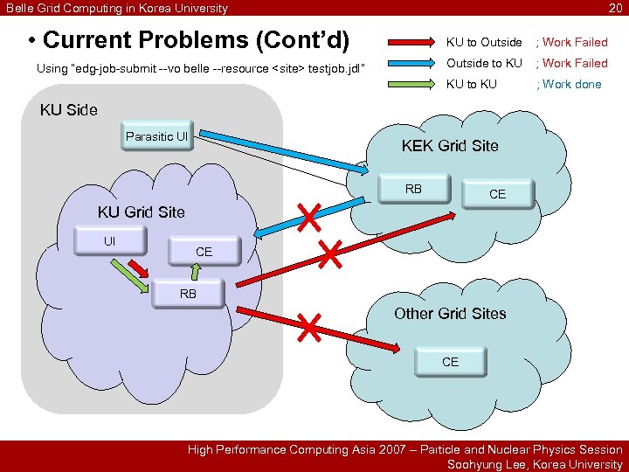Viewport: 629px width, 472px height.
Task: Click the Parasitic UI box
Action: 157,137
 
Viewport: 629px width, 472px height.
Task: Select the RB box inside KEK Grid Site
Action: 413,189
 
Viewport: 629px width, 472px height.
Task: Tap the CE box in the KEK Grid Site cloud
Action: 497,194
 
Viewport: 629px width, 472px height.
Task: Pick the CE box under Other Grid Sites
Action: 450,361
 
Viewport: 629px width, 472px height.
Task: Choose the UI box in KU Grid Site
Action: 109,241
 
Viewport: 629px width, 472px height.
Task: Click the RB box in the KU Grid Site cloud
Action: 188,294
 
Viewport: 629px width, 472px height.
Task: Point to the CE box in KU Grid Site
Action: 204,252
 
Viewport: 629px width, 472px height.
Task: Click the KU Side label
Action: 69,110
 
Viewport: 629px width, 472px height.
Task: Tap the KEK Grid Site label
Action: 449,146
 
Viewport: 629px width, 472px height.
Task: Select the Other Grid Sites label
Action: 449,314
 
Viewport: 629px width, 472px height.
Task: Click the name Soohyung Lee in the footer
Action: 485,464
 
